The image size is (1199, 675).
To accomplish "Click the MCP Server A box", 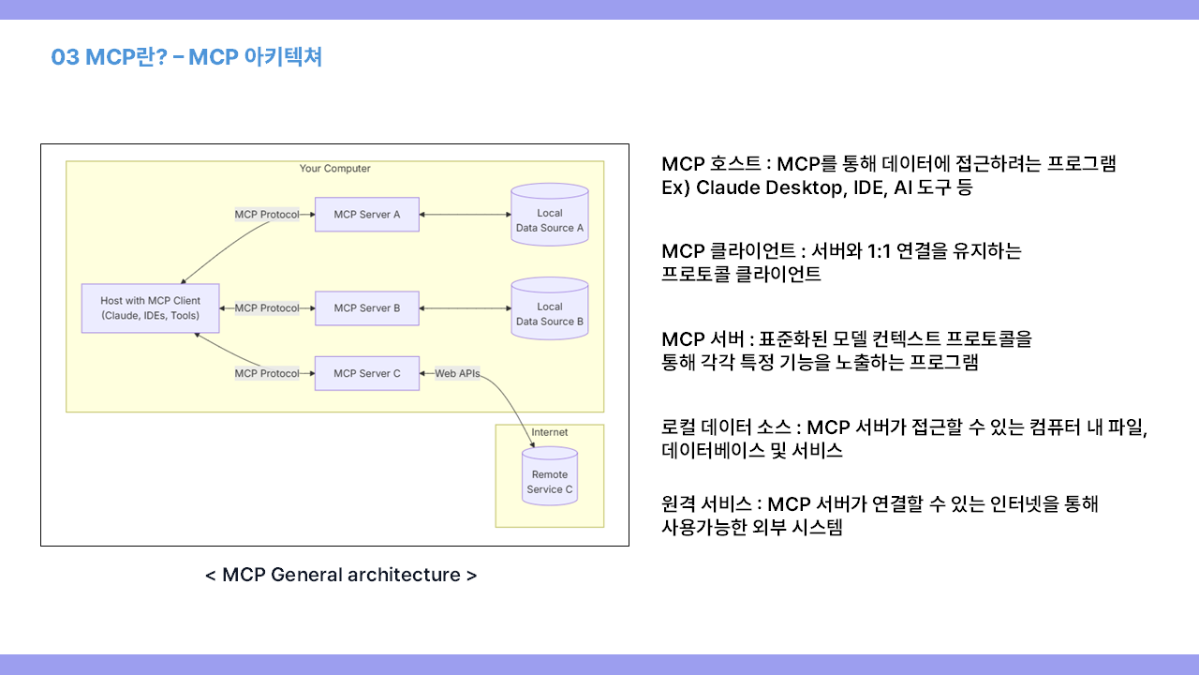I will (x=366, y=215).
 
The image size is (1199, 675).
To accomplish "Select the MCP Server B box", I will (x=366, y=308).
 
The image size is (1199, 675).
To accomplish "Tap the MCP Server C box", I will (x=366, y=373).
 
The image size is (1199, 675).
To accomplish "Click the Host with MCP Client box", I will (x=150, y=307).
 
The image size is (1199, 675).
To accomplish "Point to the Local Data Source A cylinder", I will (x=550, y=217).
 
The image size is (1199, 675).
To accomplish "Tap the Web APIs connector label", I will (x=457, y=373).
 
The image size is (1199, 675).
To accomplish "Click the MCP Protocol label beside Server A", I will (x=267, y=215).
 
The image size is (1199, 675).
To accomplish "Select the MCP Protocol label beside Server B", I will (x=267, y=308).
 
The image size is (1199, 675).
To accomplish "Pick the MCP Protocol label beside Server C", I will (x=267, y=373).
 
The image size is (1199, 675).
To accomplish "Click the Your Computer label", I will (x=334, y=169).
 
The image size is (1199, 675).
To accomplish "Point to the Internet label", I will (x=550, y=432).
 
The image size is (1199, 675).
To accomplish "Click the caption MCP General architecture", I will (x=341, y=575).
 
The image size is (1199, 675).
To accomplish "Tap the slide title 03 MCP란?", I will (x=109, y=57).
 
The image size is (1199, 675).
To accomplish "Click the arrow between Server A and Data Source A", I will (x=465, y=215).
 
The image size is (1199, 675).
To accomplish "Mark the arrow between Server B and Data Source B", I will (x=465, y=308).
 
